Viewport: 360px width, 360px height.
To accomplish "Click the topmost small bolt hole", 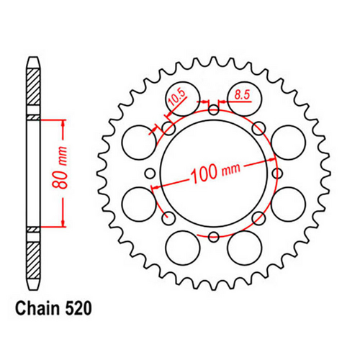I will pos(214,109).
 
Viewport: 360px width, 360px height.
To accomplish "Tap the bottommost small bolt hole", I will pos(214,237).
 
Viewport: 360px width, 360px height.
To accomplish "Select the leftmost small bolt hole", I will pos(150,174).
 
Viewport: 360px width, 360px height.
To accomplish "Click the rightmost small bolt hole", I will pos(277,174).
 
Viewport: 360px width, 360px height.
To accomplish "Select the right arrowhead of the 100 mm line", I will pos(273,161).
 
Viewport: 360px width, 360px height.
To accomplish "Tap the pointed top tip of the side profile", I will pos(33,58).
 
